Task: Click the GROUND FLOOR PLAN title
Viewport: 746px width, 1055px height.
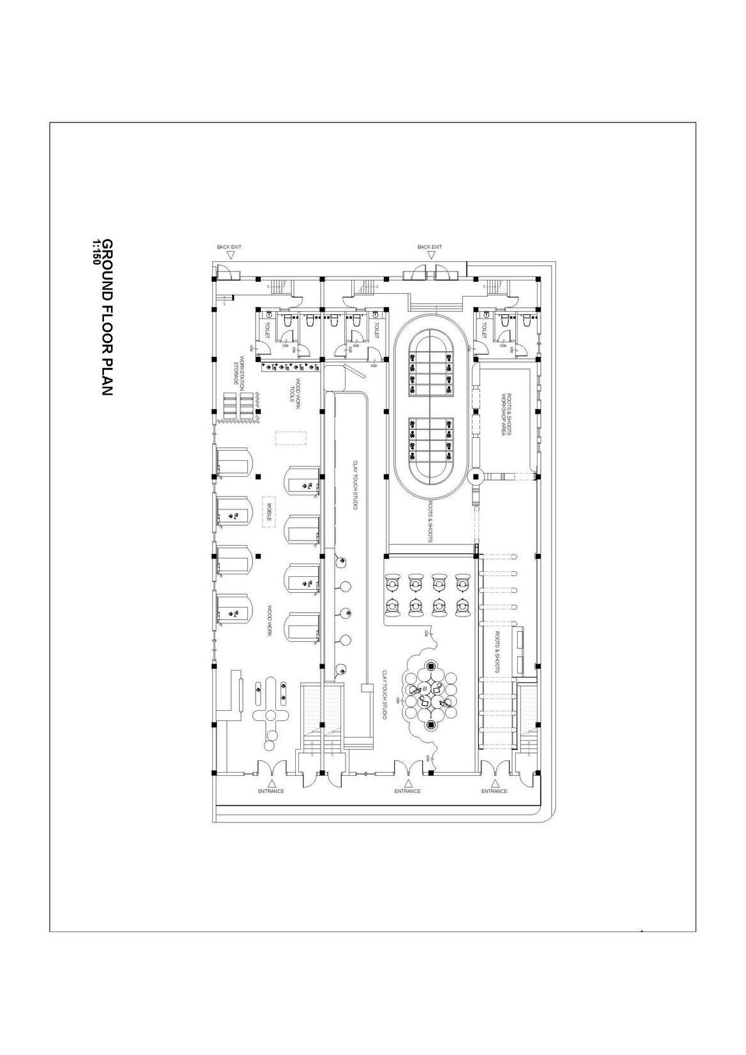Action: point(107,317)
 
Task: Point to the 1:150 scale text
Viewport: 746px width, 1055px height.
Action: point(96,252)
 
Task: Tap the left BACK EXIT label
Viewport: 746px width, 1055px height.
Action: point(229,247)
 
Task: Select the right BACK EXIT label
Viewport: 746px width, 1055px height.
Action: point(430,247)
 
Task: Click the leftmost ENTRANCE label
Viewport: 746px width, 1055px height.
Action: point(271,791)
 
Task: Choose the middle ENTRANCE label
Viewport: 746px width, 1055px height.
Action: point(407,791)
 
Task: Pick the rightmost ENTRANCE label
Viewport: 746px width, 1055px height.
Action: point(494,791)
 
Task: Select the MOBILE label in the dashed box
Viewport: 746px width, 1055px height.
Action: point(269,513)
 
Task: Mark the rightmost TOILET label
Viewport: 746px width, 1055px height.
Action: point(484,330)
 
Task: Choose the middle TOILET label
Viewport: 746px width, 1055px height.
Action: point(376,330)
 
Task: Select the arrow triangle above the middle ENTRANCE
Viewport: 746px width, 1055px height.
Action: point(407,782)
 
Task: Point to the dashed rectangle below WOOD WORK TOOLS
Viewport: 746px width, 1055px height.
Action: point(290,439)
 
